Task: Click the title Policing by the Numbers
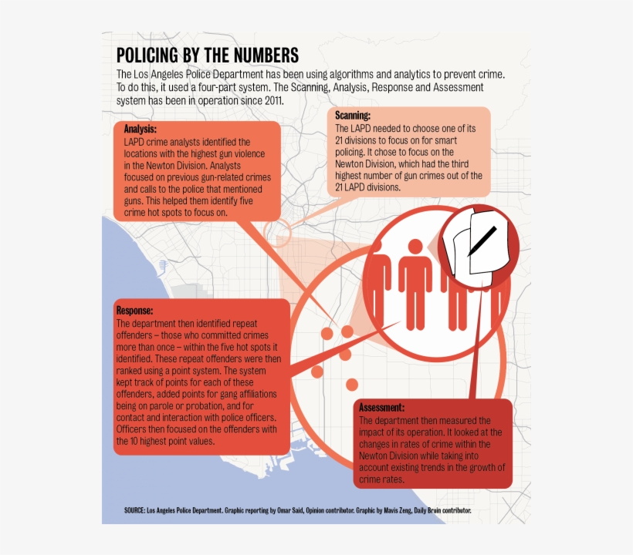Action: pos(208,55)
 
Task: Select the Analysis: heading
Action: pos(140,129)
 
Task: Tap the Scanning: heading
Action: pos(353,116)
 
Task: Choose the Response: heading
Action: pos(134,311)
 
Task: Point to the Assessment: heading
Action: pos(381,407)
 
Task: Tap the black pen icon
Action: pos(482,241)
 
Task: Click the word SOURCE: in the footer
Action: pos(134,510)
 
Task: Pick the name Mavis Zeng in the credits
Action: pos(398,510)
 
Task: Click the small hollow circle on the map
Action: pos(277,233)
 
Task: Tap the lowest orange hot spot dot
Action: pos(352,385)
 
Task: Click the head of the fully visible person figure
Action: pos(415,246)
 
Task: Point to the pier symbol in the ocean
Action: pos(163,267)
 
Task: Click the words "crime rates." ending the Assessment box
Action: pos(381,479)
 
